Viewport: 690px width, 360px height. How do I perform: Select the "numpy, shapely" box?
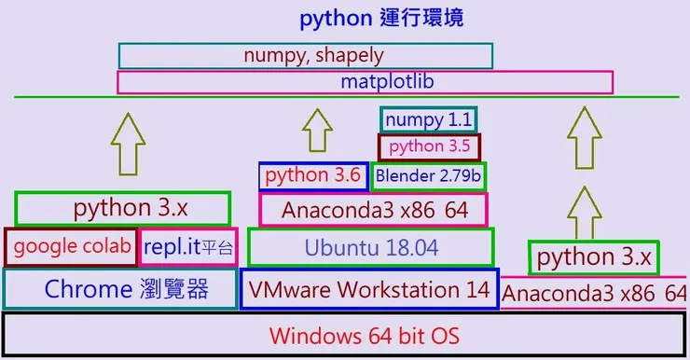pyautogui.click(x=306, y=55)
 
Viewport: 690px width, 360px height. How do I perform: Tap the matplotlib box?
pyautogui.click(x=365, y=82)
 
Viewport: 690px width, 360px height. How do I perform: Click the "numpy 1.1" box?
pyautogui.click(x=429, y=120)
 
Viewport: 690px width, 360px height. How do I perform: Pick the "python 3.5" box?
pyautogui.click(x=429, y=147)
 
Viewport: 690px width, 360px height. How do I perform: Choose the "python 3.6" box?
pyautogui.click(x=312, y=175)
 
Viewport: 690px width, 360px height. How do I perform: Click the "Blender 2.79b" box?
pyautogui.click(x=429, y=175)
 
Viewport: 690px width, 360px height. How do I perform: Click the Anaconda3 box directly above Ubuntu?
pyautogui.click(x=373, y=210)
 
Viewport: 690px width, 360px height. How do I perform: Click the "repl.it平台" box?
pyautogui.click(x=188, y=248)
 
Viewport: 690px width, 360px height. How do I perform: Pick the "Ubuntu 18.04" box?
pyautogui.click(x=370, y=248)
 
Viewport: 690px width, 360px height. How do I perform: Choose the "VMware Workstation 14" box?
pyautogui.click(x=369, y=289)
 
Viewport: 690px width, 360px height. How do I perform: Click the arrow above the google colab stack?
pyautogui.click(x=128, y=142)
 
